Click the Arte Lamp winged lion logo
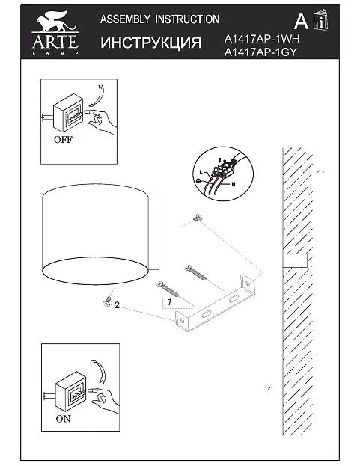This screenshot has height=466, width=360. (x=55, y=33)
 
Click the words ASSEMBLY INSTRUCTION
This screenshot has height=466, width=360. (x=159, y=19)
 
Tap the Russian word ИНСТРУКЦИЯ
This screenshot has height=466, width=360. (x=150, y=43)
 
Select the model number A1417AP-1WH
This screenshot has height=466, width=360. (x=261, y=39)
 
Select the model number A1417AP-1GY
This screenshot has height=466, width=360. (x=260, y=52)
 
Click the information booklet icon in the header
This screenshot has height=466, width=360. (x=320, y=20)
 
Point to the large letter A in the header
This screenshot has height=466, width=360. (x=301, y=22)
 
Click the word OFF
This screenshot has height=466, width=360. (x=63, y=139)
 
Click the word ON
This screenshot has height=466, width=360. (x=63, y=418)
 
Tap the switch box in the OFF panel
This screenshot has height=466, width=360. (x=68, y=113)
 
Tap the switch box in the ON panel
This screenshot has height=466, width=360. (x=71, y=390)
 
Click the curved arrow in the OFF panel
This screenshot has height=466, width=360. (x=97, y=95)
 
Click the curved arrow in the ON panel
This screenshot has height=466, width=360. (x=99, y=372)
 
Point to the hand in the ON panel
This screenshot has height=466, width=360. (x=104, y=399)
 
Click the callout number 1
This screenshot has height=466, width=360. (x=169, y=302)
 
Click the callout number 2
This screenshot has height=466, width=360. (x=117, y=305)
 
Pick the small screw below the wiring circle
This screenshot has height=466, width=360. (x=197, y=218)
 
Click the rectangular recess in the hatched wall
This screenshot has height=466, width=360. (x=295, y=260)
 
